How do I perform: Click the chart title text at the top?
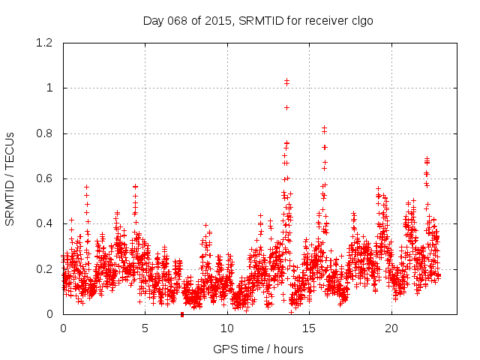pos(258,21)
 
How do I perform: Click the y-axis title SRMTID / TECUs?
pos(10,178)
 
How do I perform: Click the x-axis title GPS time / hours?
pos(258,349)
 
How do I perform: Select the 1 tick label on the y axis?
pos(50,88)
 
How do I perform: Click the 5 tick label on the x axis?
pos(145,328)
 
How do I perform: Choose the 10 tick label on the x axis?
pos(227,328)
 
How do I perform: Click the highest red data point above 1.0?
pos(286,80)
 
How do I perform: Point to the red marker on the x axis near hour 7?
pos(182,314)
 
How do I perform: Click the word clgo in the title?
pos(360,21)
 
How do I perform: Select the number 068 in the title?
pos(178,21)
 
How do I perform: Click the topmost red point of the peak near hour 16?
pos(324,128)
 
